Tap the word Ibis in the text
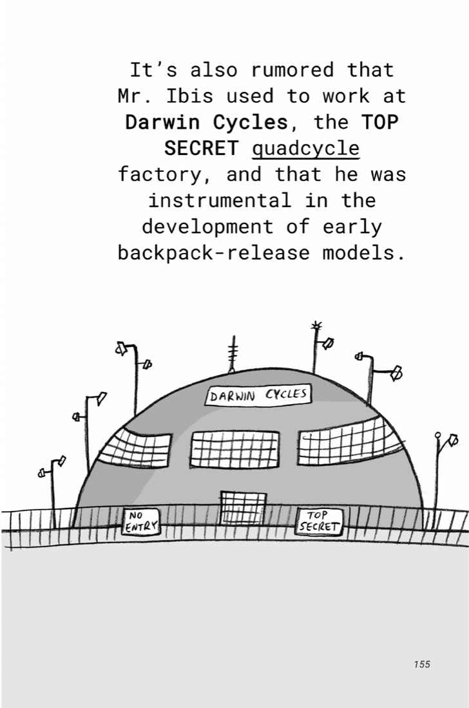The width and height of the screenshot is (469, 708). click(189, 96)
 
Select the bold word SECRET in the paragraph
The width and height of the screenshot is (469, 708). click(201, 148)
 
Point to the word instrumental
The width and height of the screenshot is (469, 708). click(220, 200)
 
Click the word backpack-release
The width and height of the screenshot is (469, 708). click(214, 253)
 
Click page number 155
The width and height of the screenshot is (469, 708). click(421, 664)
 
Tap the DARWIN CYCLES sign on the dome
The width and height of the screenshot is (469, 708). click(258, 395)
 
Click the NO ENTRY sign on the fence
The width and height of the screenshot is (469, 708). click(141, 521)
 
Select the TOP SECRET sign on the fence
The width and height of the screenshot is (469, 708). click(319, 521)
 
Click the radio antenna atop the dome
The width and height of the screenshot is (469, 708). click(233, 355)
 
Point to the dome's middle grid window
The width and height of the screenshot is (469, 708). click(235, 450)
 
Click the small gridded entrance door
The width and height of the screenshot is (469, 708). click(243, 508)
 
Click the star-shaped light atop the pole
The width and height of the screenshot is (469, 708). click(316, 325)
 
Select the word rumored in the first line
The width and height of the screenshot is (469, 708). click(292, 70)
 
